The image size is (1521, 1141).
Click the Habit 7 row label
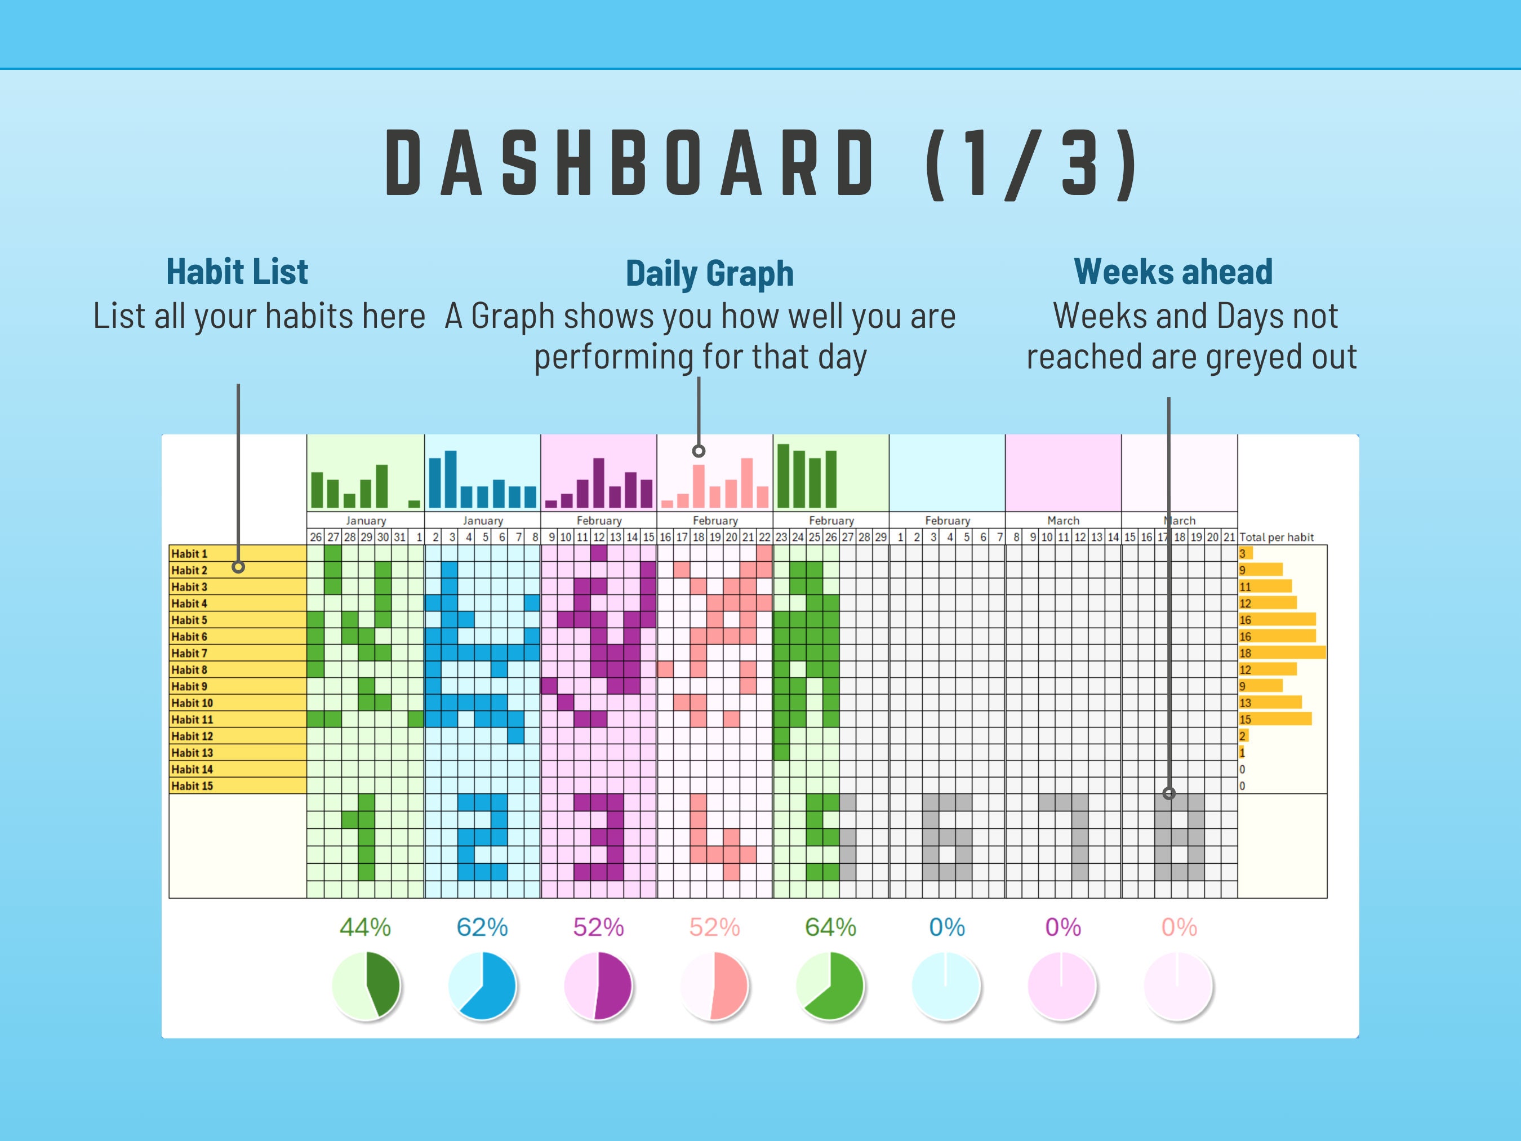tap(189, 652)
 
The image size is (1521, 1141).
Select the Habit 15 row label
tap(192, 785)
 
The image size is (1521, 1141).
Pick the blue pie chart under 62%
tap(482, 985)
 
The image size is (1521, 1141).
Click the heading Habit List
tap(237, 272)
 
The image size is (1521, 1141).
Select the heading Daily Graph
tap(710, 274)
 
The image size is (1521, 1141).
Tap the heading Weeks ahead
tap(1173, 272)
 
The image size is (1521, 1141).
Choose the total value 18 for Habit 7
tap(1246, 652)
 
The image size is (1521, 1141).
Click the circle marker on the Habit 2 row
tap(238, 567)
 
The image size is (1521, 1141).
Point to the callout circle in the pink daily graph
tap(699, 451)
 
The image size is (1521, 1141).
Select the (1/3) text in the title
tap(1031, 164)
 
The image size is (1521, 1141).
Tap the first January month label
tap(366, 521)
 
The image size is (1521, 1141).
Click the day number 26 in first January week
tap(315, 537)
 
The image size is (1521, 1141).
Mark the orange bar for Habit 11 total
tap(1275, 719)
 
